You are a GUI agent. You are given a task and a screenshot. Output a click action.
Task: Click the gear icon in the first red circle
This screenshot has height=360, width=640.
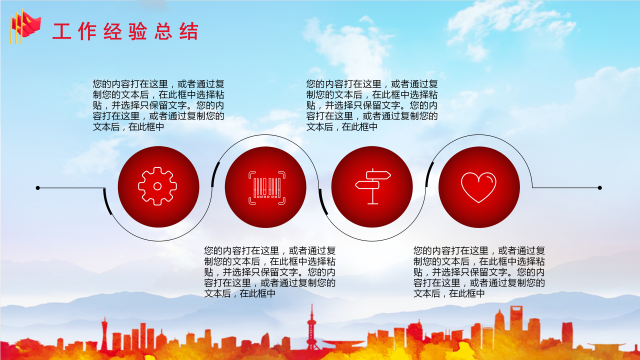tap(157, 186)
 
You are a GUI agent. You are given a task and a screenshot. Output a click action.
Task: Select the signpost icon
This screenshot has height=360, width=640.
tap(372, 186)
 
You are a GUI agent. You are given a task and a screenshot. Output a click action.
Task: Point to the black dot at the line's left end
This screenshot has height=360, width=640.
tap(37, 188)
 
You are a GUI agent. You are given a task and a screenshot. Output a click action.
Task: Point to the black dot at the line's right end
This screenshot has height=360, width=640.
tap(599, 188)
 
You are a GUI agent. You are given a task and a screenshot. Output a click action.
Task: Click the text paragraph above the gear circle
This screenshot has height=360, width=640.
tap(158, 105)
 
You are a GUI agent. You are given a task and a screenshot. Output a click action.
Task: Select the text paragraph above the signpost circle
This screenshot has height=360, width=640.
tap(372, 105)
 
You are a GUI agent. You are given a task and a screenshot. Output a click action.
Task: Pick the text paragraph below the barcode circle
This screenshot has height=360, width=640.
tap(270, 272)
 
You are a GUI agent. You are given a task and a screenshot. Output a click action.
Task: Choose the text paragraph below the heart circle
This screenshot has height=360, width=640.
tap(479, 272)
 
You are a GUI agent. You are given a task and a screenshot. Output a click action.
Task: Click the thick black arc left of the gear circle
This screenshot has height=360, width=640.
tap(107, 202)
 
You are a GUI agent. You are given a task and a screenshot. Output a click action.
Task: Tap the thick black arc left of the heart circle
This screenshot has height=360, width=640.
tap(429, 174)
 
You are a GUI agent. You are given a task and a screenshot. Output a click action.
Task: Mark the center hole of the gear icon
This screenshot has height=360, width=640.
tap(157, 186)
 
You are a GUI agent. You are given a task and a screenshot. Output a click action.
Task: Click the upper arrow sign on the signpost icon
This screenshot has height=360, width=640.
tap(378, 175)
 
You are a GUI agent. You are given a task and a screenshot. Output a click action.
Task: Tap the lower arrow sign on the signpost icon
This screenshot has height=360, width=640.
tap(367, 185)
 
